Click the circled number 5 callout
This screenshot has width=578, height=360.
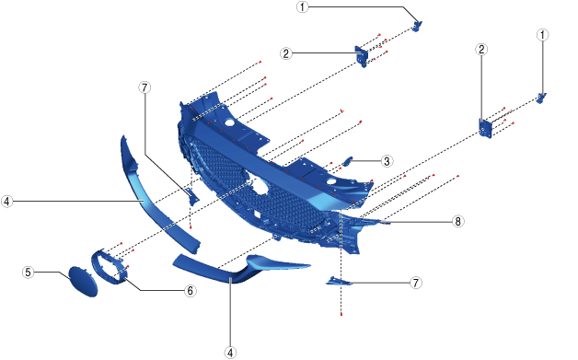pyautogui.click(x=29, y=273)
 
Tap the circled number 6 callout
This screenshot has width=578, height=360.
pyautogui.click(x=190, y=291)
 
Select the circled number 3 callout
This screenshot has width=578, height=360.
pyautogui.click(x=387, y=161)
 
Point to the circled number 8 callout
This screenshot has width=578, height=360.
pyautogui.click(x=457, y=221)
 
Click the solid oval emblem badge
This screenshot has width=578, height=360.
pyautogui.click(x=84, y=282)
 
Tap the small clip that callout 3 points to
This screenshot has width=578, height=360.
pyautogui.click(x=347, y=161)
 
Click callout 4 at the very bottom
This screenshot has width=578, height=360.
pyautogui.click(x=230, y=353)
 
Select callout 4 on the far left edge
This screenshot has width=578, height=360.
pyautogui.click(x=6, y=202)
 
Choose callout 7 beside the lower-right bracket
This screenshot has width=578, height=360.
pyautogui.click(x=416, y=283)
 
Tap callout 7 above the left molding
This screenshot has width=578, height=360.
pyautogui.click(x=144, y=87)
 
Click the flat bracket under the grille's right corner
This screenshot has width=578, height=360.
pyautogui.click(x=339, y=282)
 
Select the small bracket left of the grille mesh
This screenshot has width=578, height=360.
pyautogui.click(x=192, y=197)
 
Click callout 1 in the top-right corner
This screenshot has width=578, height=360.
pyautogui.click(x=542, y=35)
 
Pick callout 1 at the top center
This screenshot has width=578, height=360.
pyautogui.click(x=302, y=7)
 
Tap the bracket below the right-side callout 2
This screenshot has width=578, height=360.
pyautogui.click(x=485, y=128)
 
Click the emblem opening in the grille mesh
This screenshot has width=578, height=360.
pyautogui.click(x=260, y=183)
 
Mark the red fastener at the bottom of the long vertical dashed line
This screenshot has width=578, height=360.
pyautogui.click(x=341, y=314)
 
